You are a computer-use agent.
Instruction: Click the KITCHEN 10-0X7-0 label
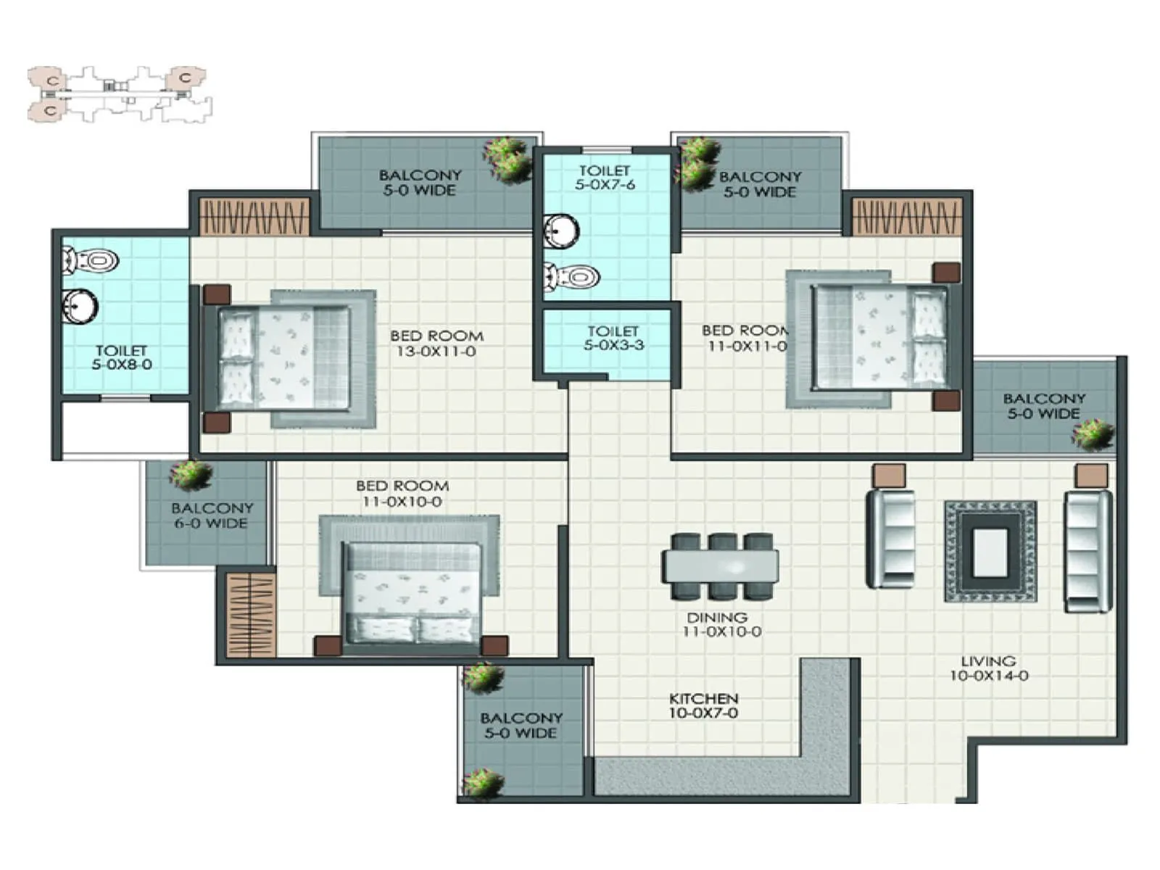(x=703, y=705)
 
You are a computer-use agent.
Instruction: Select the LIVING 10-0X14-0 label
(x=989, y=668)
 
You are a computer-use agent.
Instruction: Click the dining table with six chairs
(x=720, y=566)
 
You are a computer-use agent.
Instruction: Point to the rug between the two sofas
(x=990, y=552)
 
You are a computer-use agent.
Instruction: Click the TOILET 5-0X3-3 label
(x=613, y=338)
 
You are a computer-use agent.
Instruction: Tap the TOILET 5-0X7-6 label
(x=605, y=178)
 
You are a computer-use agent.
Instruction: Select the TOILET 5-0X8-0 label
(x=122, y=357)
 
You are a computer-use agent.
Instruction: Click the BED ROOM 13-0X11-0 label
(x=436, y=344)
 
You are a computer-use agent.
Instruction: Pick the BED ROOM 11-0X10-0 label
(x=402, y=494)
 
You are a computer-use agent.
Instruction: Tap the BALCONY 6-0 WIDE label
(x=212, y=515)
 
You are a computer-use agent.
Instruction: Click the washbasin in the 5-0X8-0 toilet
(x=79, y=307)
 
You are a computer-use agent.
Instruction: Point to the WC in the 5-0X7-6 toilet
(x=573, y=276)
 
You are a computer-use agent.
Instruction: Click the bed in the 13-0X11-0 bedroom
(x=284, y=358)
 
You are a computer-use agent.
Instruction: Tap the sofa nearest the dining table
(x=890, y=538)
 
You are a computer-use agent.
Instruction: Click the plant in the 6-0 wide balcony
(x=190, y=475)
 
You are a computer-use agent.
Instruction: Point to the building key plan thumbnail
(x=120, y=94)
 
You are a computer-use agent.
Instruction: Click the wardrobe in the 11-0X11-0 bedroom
(x=906, y=217)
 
